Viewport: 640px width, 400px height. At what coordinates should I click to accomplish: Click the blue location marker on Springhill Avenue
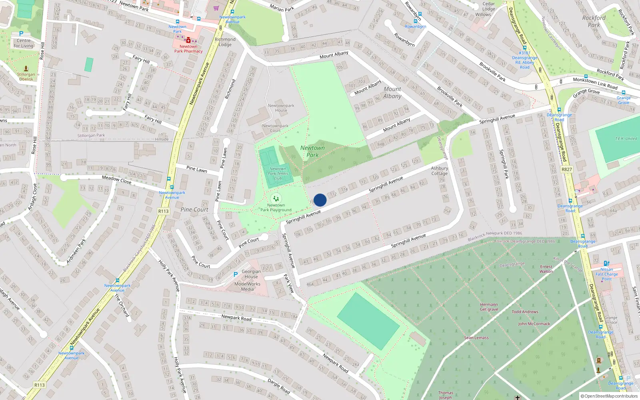pos(320,200)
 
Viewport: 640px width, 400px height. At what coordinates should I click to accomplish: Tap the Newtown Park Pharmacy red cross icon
pos(188,40)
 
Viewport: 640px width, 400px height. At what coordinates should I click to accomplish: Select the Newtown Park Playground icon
pos(276,198)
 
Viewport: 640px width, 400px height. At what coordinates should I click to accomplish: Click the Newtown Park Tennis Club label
pos(278,174)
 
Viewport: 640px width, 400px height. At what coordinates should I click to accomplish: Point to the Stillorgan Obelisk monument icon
pos(26,69)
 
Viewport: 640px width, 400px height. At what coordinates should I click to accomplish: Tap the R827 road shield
pos(567,169)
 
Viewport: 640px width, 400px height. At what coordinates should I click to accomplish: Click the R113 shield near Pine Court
pos(164,211)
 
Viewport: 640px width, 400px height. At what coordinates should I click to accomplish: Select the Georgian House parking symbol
pos(236,274)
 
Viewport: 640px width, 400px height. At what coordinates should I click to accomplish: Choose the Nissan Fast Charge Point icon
pos(606,264)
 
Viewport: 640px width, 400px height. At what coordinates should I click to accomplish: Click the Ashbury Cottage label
pos(439,171)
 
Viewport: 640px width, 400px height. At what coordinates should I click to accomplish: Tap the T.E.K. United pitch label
pos(626,139)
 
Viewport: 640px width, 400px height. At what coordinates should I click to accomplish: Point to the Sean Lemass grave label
pos(476,338)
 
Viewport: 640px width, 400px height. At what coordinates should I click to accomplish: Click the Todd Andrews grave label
pos(525,312)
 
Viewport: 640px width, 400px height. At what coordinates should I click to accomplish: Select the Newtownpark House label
pos(281,108)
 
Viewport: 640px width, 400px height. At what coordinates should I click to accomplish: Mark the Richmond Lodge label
pos(225,42)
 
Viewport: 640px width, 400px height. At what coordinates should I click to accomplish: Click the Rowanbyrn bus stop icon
pos(416,21)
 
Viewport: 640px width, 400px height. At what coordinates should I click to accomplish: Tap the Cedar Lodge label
pos(488,6)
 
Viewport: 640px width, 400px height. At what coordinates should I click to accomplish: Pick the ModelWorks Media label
pos(247,286)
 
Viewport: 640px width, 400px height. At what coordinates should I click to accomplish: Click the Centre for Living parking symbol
pos(21,34)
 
